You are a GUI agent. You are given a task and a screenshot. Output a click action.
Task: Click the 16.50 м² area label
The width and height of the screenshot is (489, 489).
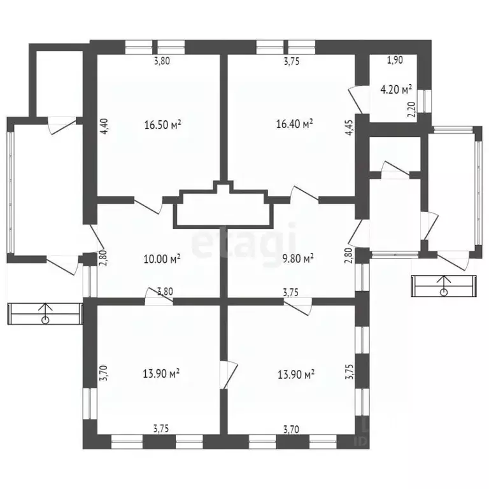(163, 125)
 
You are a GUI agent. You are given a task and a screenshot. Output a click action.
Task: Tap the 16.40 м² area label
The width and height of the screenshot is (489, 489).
(295, 124)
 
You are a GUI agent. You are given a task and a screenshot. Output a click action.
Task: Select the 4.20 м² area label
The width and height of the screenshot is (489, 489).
(396, 90)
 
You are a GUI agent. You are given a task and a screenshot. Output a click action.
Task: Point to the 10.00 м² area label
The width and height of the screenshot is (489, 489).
(162, 259)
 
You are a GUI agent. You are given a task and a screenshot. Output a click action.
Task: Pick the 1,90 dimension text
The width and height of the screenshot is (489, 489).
(395, 60)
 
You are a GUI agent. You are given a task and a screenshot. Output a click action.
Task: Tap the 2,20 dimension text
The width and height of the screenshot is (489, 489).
(413, 110)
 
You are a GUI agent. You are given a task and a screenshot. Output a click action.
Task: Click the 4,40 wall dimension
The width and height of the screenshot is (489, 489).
(104, 126)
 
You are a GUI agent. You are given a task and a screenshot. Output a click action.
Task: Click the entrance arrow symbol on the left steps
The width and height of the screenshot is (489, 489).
(46, 313)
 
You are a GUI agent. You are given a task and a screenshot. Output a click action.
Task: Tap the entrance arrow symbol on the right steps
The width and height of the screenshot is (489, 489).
(443, 285)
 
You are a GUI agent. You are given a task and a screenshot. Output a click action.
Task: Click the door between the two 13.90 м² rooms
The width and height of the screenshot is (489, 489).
(229, 375)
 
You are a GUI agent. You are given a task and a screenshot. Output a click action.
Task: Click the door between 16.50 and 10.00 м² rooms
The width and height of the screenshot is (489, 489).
(148, 205)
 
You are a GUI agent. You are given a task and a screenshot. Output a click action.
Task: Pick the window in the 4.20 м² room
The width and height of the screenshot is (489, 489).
(425, 101)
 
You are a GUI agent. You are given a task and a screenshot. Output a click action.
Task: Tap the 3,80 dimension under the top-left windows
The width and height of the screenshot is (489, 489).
(162, 60)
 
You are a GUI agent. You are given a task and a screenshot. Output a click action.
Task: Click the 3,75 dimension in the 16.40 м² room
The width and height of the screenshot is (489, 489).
(292, 61)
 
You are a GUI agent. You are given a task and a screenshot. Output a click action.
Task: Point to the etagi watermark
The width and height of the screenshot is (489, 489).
(244, 244)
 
